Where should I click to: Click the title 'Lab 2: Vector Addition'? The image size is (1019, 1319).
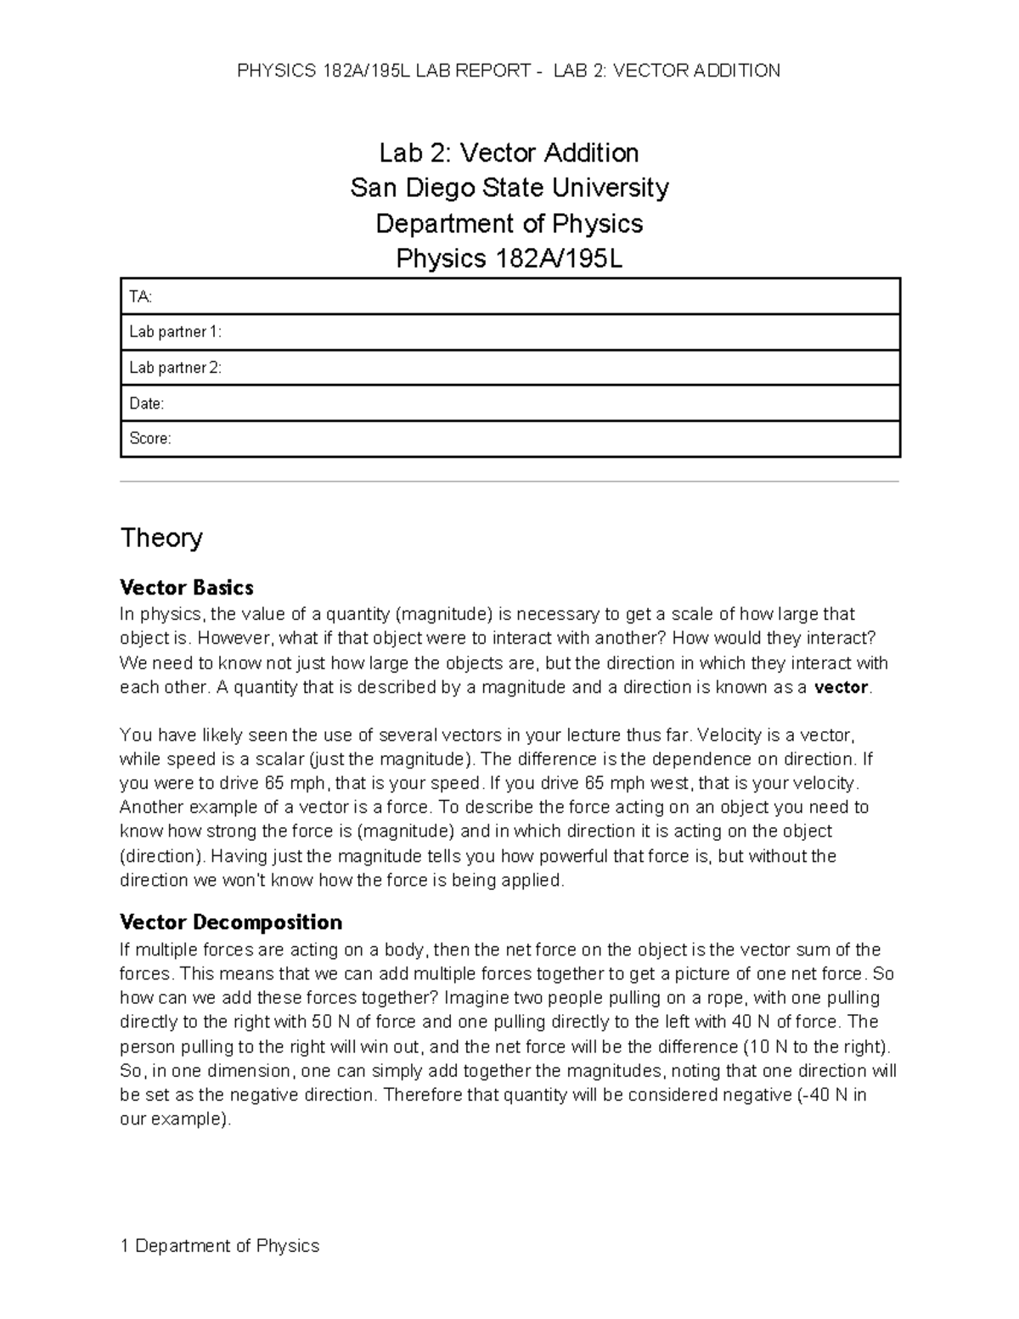[x=509, y=153]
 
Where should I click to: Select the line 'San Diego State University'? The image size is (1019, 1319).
[x=509, y=188]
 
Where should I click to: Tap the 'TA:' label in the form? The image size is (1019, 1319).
[x=140, y=296]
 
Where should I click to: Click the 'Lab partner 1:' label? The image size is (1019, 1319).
[x=175, y=332]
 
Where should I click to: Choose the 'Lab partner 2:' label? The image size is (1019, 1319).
[x=175, y=368]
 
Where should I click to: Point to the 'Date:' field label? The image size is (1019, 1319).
[x=146, y=403]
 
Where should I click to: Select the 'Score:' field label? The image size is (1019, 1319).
[x=149, y=439]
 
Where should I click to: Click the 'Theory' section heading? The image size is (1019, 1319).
[x=161, y=538]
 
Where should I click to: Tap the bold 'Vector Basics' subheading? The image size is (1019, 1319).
[x=187, y=587]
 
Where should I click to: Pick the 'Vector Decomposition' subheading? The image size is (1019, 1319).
[x=231, y=922]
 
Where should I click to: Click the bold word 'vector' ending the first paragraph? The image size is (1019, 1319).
[x=841, y=688]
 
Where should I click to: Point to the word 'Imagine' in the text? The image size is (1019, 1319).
[x=473, y=998]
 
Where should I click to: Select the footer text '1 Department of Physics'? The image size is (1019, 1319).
[x=220, y=1246]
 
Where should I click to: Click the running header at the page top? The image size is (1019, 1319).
[x=509, y=70]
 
